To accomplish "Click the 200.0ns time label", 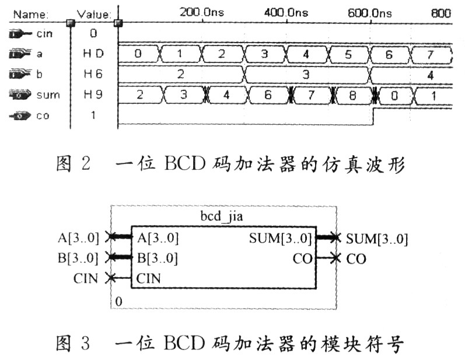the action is pos(202,12).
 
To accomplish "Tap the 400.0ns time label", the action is pos(286,12).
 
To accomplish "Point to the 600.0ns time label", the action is pos(370,13).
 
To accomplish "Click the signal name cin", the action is pos(44,34).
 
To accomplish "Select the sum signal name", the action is pos(48,95).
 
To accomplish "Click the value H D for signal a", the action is pos(93,53).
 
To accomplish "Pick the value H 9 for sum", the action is pos(93,95).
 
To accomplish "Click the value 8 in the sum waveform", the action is pos(352,96).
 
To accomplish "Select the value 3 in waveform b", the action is pos(306,74).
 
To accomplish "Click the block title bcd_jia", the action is pos(222,216).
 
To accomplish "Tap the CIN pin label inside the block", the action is pos(149,278).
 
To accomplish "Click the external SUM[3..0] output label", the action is pos(377,239).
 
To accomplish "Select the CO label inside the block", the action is pos(303,259).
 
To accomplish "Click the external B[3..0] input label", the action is pos(78,258).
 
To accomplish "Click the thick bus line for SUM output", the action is pos(326,237).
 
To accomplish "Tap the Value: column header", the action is pos(95,14).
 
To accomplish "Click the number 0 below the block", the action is pos(118,302).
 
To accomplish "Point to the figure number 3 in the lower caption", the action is pos(85,344).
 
